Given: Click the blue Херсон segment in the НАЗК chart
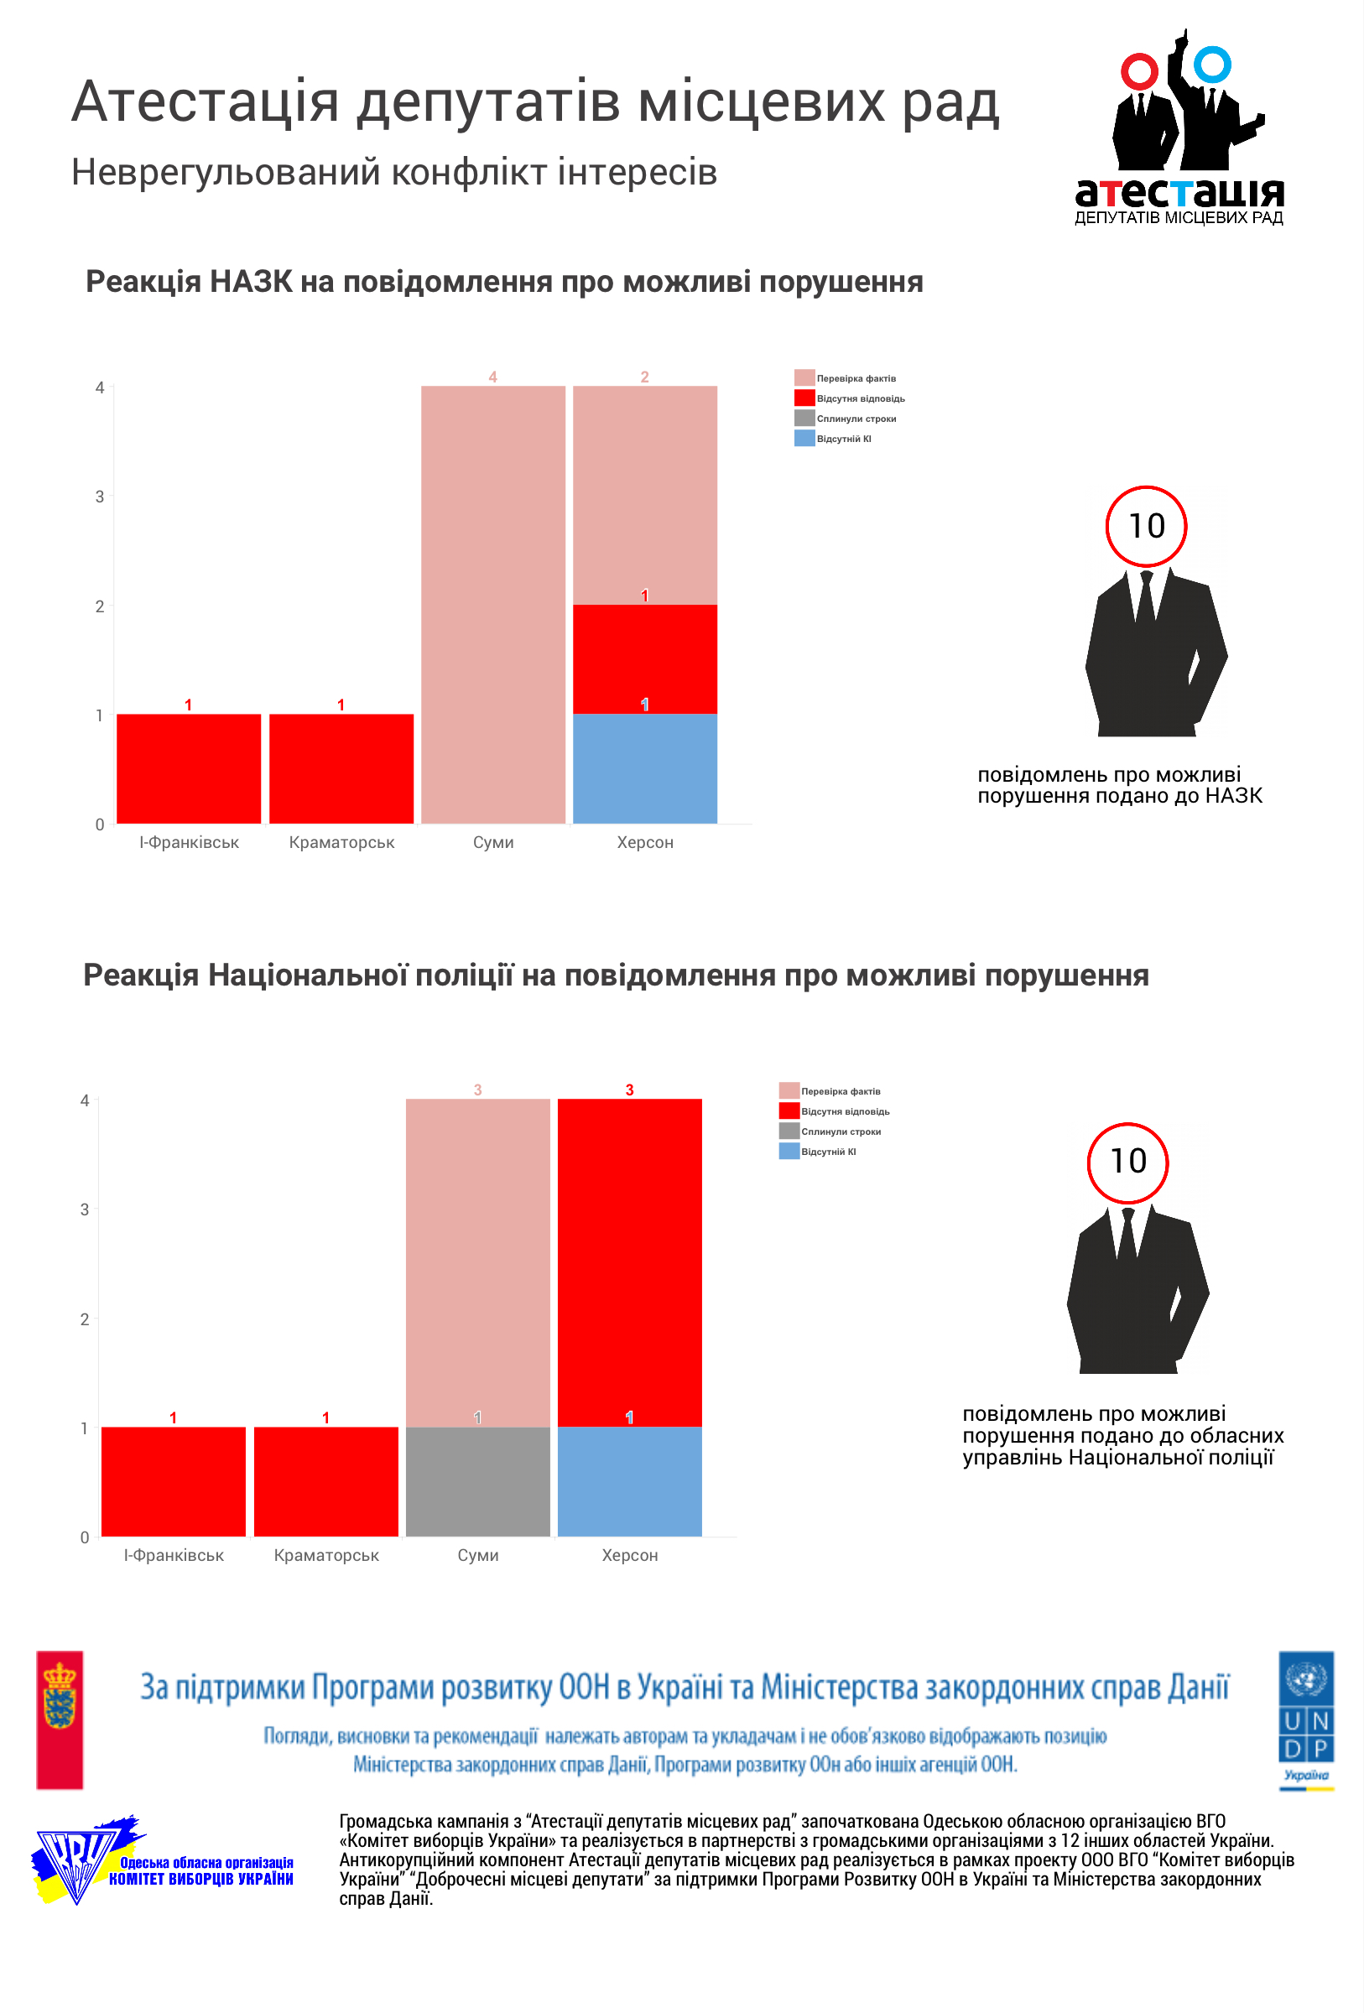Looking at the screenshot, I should click(644, 768).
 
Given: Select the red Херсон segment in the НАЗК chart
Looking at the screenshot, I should click(644, 659).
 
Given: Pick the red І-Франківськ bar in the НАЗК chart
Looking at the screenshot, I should click(189, 768).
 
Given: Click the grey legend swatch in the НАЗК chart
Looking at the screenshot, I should click(804, 419).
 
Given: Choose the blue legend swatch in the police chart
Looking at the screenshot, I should click(788, 1151).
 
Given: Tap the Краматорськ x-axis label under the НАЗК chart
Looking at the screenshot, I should click(341, 842).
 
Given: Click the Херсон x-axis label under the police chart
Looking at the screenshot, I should click(630, 1555).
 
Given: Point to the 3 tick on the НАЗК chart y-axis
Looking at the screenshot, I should click(100, 497).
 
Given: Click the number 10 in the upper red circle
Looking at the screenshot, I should click(1146, 526).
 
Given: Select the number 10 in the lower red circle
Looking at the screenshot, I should click(1127, 1162).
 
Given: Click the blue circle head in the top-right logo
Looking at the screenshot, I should click(1211, 65).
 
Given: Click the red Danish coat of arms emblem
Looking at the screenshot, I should click(60, 1719).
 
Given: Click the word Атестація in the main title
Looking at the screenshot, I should click(205, 102).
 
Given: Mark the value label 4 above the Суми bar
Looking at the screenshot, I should click(492, 377).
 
